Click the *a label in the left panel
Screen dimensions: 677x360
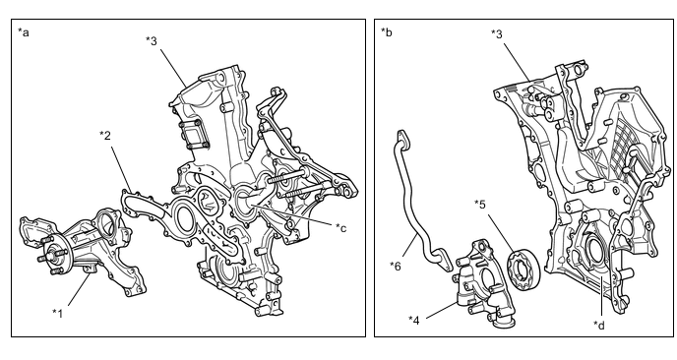(x=24, y=32)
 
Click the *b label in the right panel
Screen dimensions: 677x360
(x=387, y=31)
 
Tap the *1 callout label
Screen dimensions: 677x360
(x=58, y=313)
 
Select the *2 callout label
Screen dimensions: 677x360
(x=105, y=136)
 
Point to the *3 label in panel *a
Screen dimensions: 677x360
(x=152, y=40)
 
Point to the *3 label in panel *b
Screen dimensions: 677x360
(x=497, y=33)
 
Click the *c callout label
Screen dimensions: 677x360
(x=341, y=227)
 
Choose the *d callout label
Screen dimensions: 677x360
(x=599, y=325)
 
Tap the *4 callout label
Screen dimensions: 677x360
(x=414, y=320)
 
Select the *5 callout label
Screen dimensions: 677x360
(x=480, y=204)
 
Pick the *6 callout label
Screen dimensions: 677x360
(x=395, y=266)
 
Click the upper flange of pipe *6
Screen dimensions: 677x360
(x=402, y=137)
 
